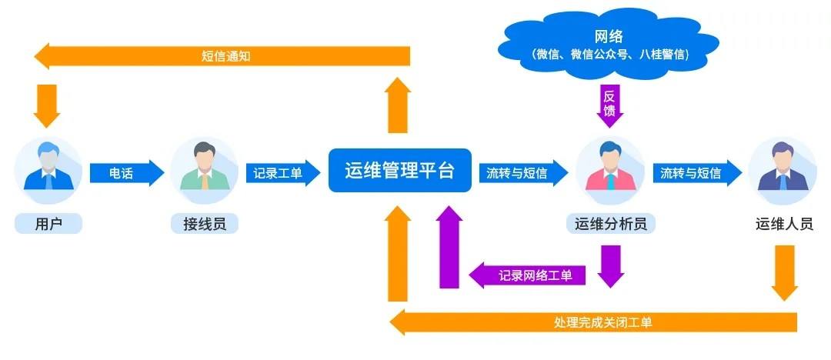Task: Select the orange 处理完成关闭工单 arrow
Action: click(592, 322)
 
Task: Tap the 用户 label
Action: click(48, 224)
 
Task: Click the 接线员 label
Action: click(205, 224)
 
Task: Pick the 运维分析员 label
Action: click(610, 224)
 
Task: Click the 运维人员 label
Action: click(784, 224)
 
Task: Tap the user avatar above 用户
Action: click(48, 170)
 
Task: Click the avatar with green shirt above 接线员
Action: click(204, 170)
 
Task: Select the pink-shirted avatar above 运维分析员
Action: click(609, 170)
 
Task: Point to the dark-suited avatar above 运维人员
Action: click(783, 170)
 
